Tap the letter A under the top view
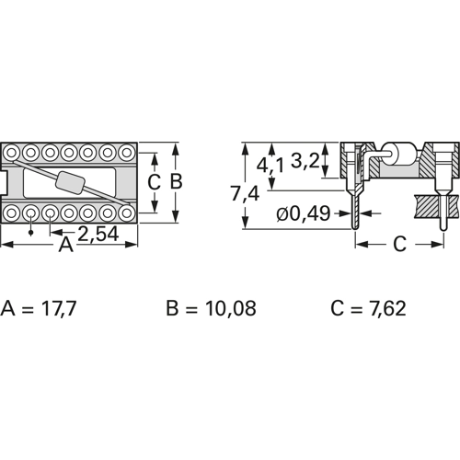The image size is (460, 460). coord(65,245)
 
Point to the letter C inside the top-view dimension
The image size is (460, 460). coord(155,182)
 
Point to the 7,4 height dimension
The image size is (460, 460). coord(221,193)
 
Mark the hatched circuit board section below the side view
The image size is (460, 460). coord(431,205)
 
